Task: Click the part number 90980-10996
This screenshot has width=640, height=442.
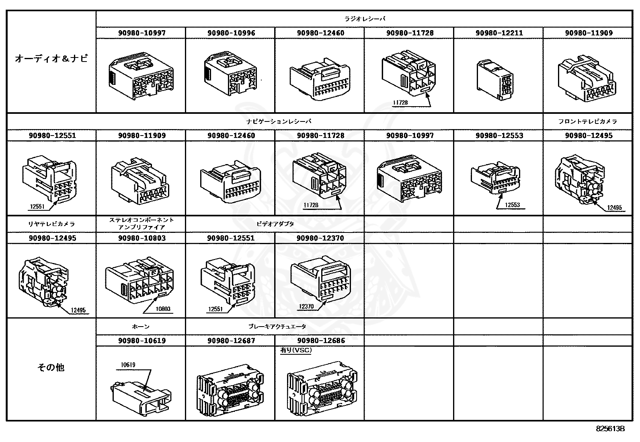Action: pos(231,33)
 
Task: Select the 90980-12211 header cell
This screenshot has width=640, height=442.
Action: pos(499,33)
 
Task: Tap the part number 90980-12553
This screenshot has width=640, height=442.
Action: pos(499,136)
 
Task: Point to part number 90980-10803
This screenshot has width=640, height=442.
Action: pos(142,238)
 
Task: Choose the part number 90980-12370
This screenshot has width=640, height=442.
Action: pos(320,238)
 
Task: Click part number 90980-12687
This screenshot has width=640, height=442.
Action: pos(231,341)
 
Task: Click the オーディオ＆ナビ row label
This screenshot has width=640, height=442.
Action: pos(51,59)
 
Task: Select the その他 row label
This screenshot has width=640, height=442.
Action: pos(51,367)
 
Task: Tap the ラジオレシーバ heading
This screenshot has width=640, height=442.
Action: pos(365,19)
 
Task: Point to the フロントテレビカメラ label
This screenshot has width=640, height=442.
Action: pos(587,121)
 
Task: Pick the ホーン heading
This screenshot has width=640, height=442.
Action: pos(141,327)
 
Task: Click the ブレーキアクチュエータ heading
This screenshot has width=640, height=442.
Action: pos(277,327)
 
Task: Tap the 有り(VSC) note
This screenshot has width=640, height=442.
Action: pos(296,350)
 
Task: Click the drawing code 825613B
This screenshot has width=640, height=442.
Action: pos(610,429)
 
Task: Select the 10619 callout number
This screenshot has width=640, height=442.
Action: pos(128,365)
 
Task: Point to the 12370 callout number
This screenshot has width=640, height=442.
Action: pos(306,306)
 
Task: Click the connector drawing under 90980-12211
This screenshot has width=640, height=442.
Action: pos(495,80)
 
